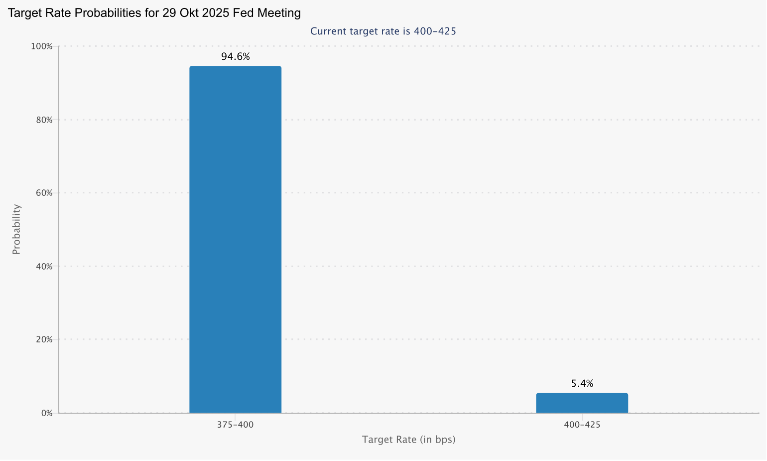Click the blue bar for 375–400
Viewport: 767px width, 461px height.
[235, 239]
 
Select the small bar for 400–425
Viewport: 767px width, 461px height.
[582, 403]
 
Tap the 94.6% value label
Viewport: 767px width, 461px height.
[236, 57]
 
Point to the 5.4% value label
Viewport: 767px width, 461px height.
[582, 384]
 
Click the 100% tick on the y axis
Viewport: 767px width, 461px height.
[42, 46]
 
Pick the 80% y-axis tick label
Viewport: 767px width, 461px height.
[43, 120]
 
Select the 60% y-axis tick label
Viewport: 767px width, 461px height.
[43, 193]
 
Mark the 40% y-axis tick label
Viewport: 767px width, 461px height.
[43, 266]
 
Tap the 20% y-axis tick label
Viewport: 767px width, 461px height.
[43, 339]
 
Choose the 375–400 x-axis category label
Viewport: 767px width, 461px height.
[235, 425]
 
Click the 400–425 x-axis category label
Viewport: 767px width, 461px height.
[582, 425]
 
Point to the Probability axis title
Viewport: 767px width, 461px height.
[16, 229]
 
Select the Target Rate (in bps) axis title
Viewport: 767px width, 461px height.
[408, 440]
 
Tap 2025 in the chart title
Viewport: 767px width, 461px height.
[214, 13]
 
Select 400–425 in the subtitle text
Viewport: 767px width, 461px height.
[435, 31]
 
